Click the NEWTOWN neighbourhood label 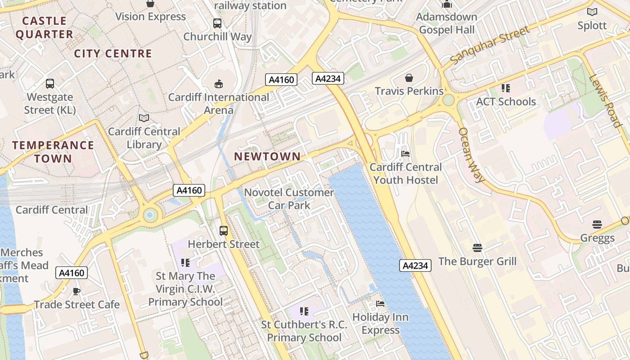267,157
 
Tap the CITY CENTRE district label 113,54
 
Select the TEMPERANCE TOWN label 53,152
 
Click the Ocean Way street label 472,155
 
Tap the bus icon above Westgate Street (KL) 50,84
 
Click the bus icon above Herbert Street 224,231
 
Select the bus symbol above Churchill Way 217,23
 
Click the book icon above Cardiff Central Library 144,118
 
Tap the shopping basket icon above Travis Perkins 409,78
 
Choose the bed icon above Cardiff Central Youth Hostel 405,154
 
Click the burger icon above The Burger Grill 477,247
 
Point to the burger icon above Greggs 597,224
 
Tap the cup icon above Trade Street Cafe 76,291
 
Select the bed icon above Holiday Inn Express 380,304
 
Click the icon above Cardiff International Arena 219,84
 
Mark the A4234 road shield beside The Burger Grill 415,265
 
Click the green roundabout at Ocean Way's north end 448,99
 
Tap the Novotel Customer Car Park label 289,199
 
